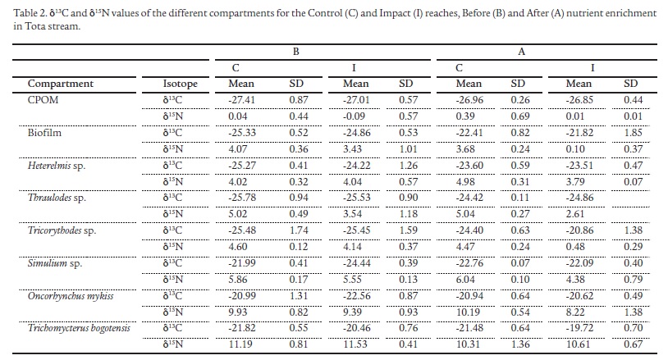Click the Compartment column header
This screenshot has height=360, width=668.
pyautogui.click(x=60, y=84)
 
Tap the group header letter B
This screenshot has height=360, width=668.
pyautogui.click(x=295, y=52)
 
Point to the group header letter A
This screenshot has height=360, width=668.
pyautogui.click(x=520, y=52)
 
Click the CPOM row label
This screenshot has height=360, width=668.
pyautogui.click(x=43, y=99)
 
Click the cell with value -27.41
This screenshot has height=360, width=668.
pyautogui.click(x=242, y=99)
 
